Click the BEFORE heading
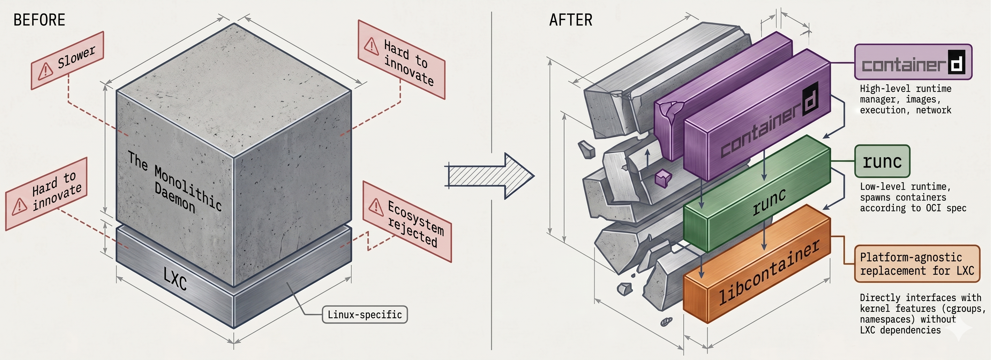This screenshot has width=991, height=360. [x=39, y=20]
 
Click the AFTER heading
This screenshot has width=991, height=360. [x=570, y=20]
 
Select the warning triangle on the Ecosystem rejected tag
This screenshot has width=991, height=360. [x=376, y=206]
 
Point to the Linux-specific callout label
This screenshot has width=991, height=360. [x=364, y=315]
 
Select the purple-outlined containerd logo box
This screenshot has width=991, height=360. [x=913, y=62]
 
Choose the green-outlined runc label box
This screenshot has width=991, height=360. [x=882, y=161]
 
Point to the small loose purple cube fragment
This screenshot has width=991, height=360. [x=663, y=178]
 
